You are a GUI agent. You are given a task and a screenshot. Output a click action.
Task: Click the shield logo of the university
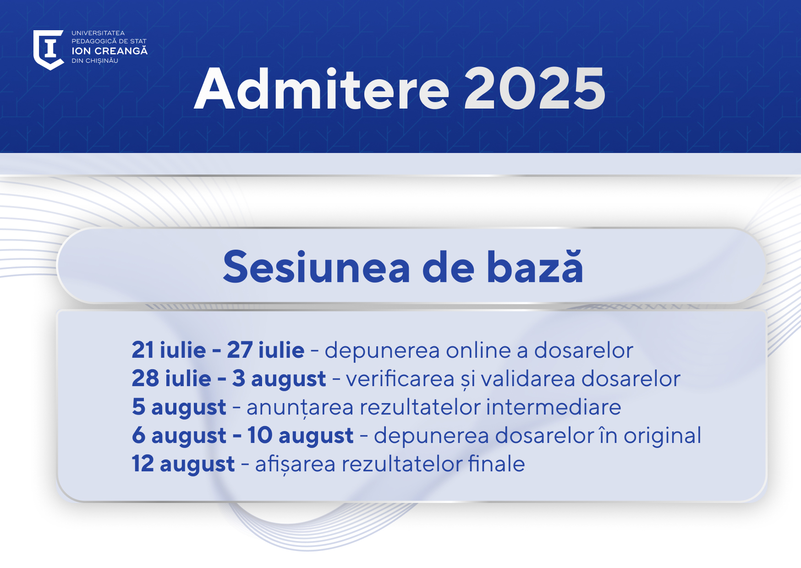tap(48, 49)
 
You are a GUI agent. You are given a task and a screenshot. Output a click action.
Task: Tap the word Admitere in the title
tap(322, 89)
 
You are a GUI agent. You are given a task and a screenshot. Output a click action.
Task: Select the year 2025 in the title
tap(535, 89)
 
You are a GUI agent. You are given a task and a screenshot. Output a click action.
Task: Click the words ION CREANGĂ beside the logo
tap(110, 50)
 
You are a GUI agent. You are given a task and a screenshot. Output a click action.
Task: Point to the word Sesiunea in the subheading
tap(317, 267)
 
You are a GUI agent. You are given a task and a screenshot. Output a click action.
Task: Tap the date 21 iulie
tap(169, 350)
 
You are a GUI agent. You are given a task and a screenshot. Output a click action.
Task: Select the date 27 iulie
tap(266, 350)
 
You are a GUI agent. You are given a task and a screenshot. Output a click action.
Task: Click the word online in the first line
tap(478, 350)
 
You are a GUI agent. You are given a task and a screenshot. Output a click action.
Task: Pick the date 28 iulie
tap(171, 378)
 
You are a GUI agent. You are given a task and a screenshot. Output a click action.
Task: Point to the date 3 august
tap(279, 379)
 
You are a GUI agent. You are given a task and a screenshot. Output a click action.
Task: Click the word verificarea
tap(400, 379)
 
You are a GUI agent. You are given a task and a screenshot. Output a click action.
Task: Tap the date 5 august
tap(179, 408)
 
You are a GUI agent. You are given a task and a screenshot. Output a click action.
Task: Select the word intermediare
tap(554, 407)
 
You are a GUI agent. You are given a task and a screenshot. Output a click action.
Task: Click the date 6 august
tap(179, 436)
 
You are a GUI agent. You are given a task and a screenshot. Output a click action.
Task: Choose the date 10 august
tap(301, 436)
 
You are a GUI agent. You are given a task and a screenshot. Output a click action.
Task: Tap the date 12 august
tap(183, 464)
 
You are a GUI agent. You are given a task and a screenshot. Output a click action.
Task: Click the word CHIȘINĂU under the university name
tap(102, 61)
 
